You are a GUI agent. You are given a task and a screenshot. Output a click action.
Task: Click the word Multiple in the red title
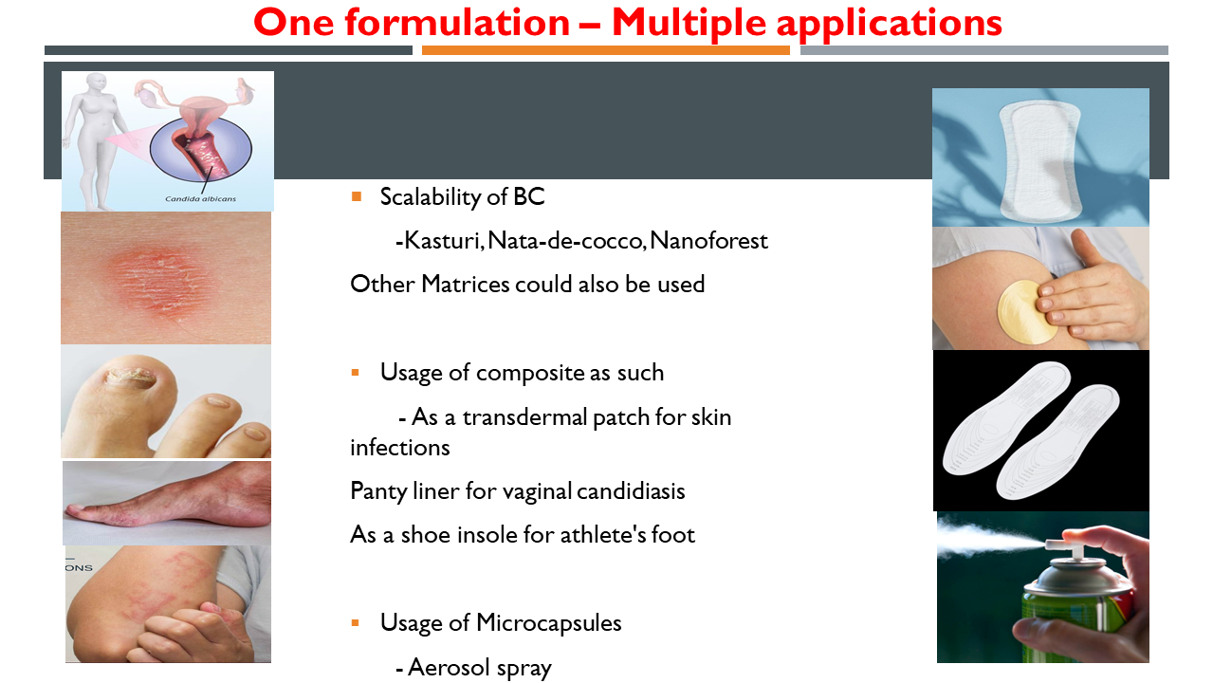click(689, 24)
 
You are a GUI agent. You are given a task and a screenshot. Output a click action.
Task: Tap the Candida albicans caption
click(200, 199)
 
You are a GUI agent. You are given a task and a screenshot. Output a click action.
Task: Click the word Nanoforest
click(708, 241)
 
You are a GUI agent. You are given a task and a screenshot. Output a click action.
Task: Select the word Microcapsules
click(548, 623)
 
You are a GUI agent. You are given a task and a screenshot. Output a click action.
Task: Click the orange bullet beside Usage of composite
click(356, 373)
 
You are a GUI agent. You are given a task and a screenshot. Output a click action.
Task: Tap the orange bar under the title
click(605, 50)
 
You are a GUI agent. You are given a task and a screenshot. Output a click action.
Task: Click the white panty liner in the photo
click(1039, 161)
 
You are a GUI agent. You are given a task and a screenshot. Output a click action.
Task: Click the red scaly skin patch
click(155, 279)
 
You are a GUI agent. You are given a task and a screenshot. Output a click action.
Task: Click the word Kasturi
click(443, 241)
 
